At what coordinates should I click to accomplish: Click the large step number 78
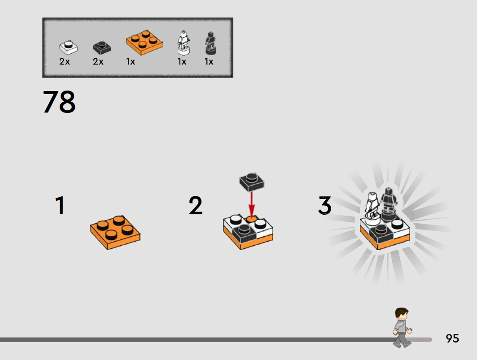(x=59, y=102)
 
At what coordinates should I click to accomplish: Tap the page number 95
(x=452, y=338)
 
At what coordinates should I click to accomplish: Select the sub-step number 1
(x=60, y=205)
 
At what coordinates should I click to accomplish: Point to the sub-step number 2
(x=195, y=205)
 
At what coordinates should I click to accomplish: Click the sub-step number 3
(x=324, y=205)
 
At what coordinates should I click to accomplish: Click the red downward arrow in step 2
(x=252, y=204)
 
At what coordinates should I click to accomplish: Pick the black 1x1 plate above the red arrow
(x=252, y=182)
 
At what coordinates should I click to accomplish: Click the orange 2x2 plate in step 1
(x=115, y=232)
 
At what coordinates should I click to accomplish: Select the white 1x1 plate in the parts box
(x=68, y=48)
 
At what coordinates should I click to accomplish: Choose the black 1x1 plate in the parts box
(x=101, y=48)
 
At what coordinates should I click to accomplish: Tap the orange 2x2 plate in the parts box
(x=144, y=43)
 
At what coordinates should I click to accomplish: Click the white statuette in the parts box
(x=184, y=43)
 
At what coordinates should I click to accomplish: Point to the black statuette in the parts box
(x=210, y=43)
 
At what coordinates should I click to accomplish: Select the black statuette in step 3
(x=388, y=204)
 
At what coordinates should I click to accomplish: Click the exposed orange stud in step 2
(x=251, y=218)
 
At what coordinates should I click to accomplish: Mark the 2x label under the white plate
(x=65, y=62)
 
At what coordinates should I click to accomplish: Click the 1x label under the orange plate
(x=131, y=62)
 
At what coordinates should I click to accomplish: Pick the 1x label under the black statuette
(x=209, y=62)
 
